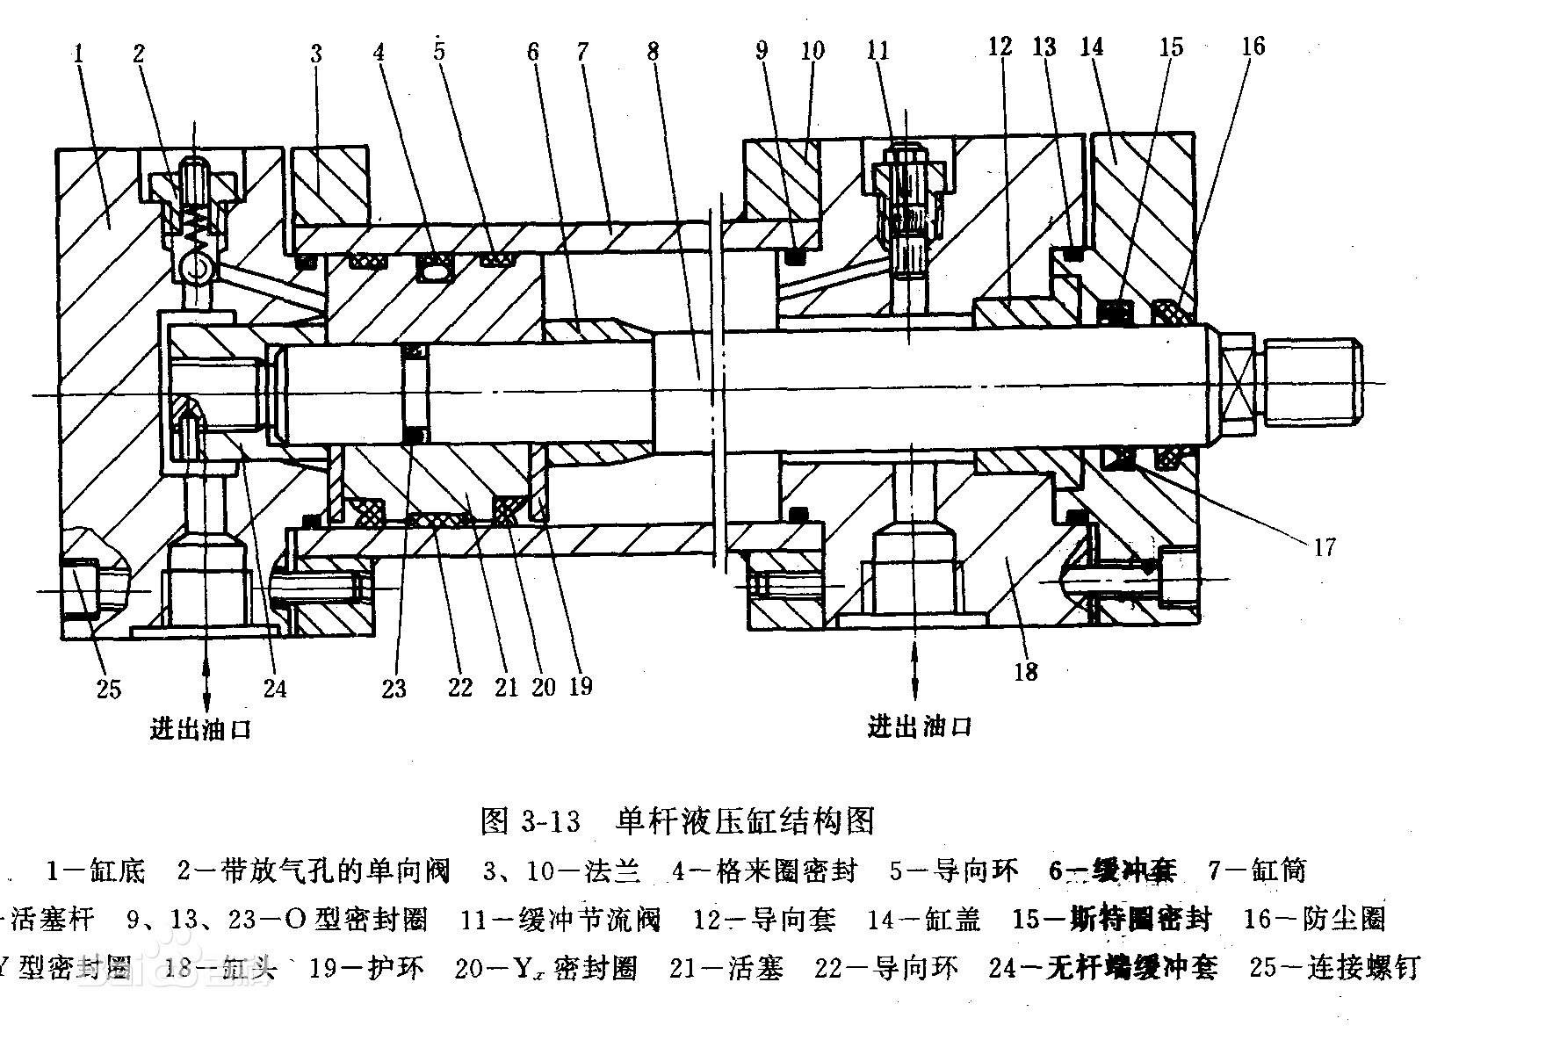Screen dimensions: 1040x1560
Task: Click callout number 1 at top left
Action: [x=79, y=53]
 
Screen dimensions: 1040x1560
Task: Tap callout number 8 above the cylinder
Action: [x=653, y=51]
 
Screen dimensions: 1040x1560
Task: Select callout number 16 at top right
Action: [x=1253, y=46]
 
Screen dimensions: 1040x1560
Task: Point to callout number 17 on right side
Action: [x=1324, y=547]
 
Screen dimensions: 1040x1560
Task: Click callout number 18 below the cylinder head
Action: [x=1026, y=672]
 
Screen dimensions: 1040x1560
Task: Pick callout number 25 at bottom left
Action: [x=108, y=688]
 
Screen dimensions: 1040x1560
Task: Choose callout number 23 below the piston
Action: [x=394, y=688]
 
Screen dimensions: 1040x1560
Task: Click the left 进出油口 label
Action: [x=201, y=729]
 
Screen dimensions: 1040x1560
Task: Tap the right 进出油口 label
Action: [x=920, y=726]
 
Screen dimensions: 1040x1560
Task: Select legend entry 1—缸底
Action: [x=95, y=870]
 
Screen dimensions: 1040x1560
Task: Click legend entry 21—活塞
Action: [x=726, y=968]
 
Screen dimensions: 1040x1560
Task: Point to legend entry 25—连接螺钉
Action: [x=1334, y=968]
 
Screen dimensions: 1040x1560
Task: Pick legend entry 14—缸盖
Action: [x=923, y=920]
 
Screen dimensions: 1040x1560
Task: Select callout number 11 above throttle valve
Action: [x=877, y=51]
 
